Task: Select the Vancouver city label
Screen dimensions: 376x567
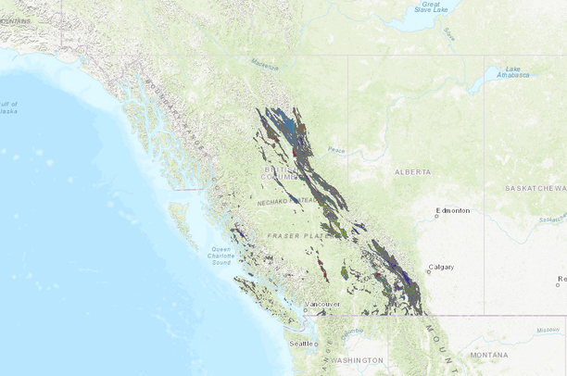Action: click(324, 304)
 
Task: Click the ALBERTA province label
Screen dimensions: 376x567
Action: click(412, 172)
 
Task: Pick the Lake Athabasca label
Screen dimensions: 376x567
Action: click(513, 73)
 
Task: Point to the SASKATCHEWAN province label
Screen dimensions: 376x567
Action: click(535, 188)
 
